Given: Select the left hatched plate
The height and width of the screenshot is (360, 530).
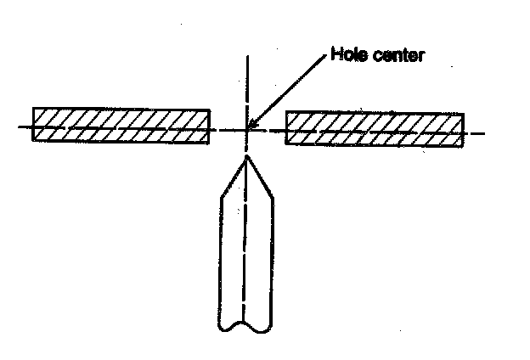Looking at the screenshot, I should coord(121,125).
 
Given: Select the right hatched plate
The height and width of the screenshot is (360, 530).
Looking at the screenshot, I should coord(375,128).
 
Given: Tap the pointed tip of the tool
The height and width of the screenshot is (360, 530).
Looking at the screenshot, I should coord(246,155).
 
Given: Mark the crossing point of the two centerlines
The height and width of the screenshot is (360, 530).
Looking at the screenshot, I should coord(247,130).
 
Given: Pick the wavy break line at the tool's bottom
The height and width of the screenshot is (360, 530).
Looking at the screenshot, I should coord(245,326).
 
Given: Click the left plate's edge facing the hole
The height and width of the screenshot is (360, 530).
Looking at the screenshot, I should coord(210,126).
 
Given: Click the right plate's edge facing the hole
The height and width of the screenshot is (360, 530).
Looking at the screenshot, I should coord(286,128).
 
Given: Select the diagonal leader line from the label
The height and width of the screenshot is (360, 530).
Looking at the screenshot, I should coord(289,92).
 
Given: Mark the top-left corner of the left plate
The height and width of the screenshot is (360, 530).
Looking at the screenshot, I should coord(33,108).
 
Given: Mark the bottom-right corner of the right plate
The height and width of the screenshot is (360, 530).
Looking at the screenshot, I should coord(464,146).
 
